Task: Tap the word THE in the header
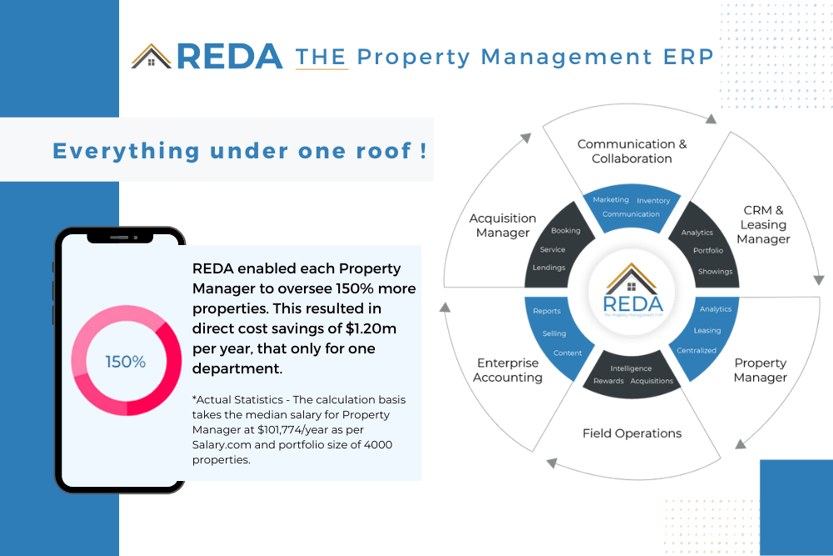[x=322, y=57]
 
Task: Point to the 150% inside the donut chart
[x=126, y=362]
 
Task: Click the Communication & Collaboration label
[x=632, y=151]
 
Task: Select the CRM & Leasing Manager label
[x=763, y=225]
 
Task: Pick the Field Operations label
[x=631, y=433]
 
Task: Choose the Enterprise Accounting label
[x=508, y=370]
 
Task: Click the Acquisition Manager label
[x=502, y=225]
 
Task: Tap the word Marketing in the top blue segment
[x=611, y=200]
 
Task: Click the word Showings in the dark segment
[x=715, y=272]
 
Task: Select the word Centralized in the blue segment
[x=696, y=350]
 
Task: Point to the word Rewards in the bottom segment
[x=608, y=381]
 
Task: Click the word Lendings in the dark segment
[x=549, y=268]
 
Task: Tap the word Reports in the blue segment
[x=546, y=311]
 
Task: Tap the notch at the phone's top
[x=120, y=237]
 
